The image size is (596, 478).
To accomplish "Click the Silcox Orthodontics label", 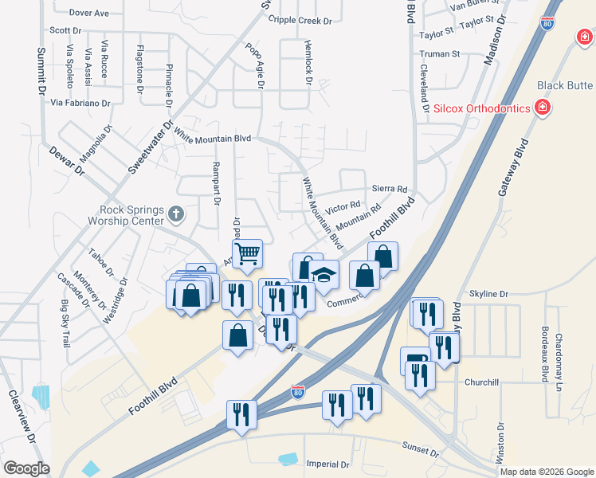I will tap(482, 108).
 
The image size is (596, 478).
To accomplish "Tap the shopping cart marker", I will tap(248, 254).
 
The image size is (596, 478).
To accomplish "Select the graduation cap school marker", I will tap(324, 275).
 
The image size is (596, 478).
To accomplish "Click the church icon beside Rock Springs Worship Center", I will tap(177, 214).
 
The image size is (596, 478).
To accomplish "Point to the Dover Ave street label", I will tap(88, 14).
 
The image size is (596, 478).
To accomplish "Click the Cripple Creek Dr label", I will tap(299, 20).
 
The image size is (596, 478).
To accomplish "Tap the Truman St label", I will tap(440, 54).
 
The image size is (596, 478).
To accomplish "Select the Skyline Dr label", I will tap(488, 294).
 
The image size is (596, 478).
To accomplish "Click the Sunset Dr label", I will tap(421, 451).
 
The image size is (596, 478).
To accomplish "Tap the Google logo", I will tap(26, 468).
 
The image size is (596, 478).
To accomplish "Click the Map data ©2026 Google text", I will tap(547, 472).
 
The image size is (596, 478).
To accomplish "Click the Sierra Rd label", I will tap(390, 189).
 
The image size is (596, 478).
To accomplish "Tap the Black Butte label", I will tap(565, 86).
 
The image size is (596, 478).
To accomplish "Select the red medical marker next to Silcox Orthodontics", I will tap(543, 107).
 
